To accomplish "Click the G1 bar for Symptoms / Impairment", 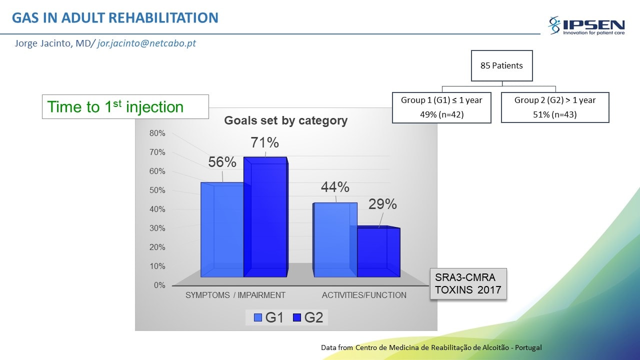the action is point(222,229).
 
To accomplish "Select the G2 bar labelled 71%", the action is point(265,217).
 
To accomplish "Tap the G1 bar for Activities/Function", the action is point(335,240).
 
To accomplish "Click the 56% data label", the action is point(222,162).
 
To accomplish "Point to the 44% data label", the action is point(335,187).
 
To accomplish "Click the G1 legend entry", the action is point(268,317).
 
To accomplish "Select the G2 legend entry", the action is point(308,317).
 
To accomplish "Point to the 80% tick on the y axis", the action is point(157,133).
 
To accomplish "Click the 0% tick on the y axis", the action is point(159,285).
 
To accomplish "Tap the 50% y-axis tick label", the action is point(157,190).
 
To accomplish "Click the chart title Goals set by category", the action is point(285,120).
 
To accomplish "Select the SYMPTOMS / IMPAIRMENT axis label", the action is point(235,295).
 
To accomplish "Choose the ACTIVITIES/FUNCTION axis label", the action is point(364,295).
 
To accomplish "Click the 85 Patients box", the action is point(501,65).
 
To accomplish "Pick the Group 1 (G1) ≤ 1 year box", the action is point(441,107).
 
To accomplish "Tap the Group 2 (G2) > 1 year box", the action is point(555,107).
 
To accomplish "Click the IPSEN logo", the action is point(586,25).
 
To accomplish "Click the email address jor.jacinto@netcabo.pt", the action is point(146,43).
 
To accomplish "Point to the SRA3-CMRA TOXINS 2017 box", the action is point(468,283).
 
